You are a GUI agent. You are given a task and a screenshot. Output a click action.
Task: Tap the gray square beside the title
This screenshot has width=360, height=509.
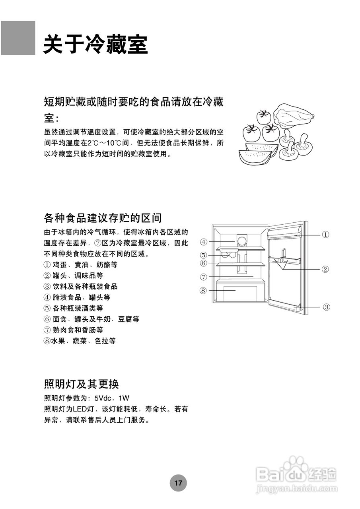click(18, 38)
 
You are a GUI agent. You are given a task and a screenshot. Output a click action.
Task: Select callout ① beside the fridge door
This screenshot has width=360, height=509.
click(325, 235)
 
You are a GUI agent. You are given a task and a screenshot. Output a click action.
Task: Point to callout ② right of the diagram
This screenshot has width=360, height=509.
click(325, 270)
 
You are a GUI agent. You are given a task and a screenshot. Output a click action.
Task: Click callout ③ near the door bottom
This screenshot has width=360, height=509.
click(325, 307)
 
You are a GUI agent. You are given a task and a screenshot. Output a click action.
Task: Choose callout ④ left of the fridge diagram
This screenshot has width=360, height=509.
click(203, 242)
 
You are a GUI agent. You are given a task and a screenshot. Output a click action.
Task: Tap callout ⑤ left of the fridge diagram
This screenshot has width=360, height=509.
click(203, 255)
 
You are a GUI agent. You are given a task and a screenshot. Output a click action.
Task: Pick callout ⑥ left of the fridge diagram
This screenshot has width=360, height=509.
click(203, 263)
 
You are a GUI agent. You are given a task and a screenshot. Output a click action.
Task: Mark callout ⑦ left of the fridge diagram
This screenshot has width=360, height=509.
click(203, 277)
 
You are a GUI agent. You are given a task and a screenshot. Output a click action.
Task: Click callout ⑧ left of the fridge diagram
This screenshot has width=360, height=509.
click(203, 291)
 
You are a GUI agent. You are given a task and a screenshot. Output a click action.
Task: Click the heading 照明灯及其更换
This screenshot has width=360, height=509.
click(81, 384)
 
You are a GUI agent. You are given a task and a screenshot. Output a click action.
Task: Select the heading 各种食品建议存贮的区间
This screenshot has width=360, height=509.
click(103, 218)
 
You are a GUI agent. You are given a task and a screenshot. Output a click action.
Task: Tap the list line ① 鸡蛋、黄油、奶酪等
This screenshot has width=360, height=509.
click(80, 264)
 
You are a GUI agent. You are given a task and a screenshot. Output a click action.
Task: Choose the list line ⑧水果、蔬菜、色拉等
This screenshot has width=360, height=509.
click(80, 341)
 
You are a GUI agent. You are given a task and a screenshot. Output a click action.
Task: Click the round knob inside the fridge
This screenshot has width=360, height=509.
click(241, 240)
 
